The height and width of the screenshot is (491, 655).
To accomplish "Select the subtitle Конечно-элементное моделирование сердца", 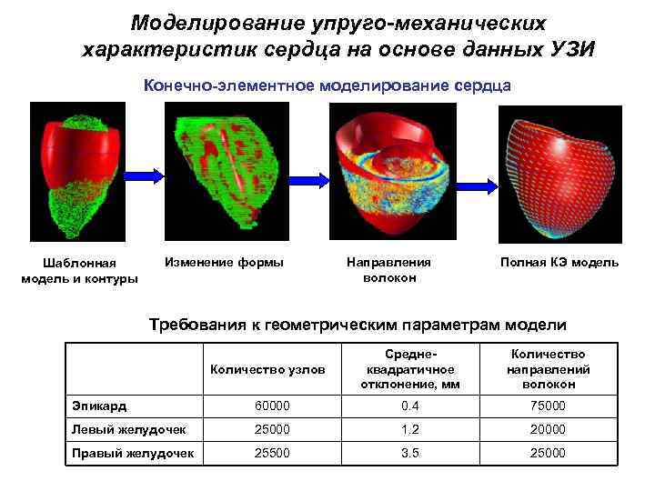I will click(x=327, y=85).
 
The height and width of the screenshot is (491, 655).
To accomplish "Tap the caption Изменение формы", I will click(x=223, y=263).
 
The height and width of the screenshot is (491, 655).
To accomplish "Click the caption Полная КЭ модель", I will click(x=559, y=263).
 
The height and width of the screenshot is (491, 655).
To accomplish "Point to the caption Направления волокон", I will click(x=389, y=270).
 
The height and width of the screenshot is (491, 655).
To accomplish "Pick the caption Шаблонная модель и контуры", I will click(x=79, y=271).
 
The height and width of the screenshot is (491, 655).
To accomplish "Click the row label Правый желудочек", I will click(x=133, y=453).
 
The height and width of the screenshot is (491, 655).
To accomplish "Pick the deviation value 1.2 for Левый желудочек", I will click(x=411, y=429).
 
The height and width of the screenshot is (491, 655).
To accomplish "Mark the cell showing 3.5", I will click(x=411, y=453).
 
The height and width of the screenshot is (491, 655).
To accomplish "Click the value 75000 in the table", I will click(x=550, y=406).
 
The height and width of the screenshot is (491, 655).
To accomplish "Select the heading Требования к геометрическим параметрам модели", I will click(x=357, y=325).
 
